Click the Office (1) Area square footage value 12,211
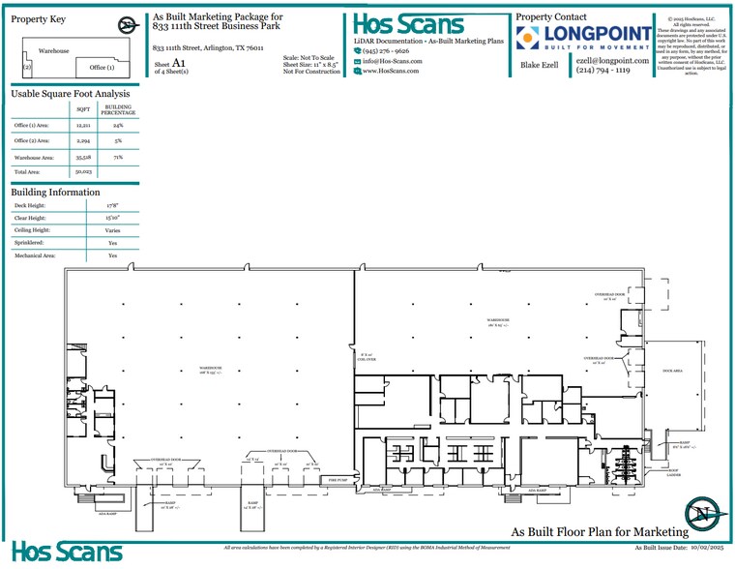pos(82,126)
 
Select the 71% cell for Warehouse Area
pos(118,156)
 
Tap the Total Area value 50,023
pos(82,171)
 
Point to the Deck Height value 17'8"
pos(112,206)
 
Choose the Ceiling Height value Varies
pos(112,231)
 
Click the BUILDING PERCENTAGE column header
pos(118,109)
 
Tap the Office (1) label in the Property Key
pos(102,68)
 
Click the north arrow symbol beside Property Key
pos(127,26)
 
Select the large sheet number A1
pos(178,63)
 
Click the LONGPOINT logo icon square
pos(528,38)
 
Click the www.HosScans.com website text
pos(391,71)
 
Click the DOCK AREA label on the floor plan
pos(673,371)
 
